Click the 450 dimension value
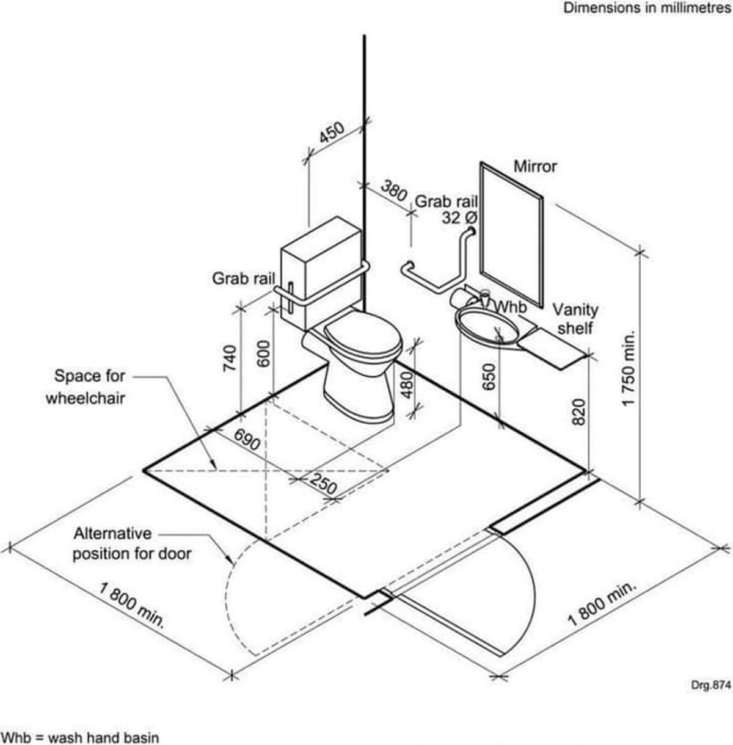[x=332, y=133]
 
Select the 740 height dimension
[x=230, y=358]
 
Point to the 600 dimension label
[x=264, y=354]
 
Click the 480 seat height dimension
[x=407, y=385]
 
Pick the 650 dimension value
[x=490, y=377]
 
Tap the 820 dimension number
[x=578, y=412]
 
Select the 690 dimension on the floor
[x=247, y=440]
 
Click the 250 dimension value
[x=323, y=484]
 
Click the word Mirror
[x=535, y=167]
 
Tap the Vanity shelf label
[x=575, y=319]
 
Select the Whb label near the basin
[x=511, y=307]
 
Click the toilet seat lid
[x=362, y=333]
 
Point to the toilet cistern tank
[x=321, y=272]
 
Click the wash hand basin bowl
[x=487, y=325]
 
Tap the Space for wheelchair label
[x=86, y=387]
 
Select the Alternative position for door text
[x=132, y=543]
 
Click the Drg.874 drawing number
[x=711, y=686]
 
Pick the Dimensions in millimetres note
[x=647, y=8]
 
